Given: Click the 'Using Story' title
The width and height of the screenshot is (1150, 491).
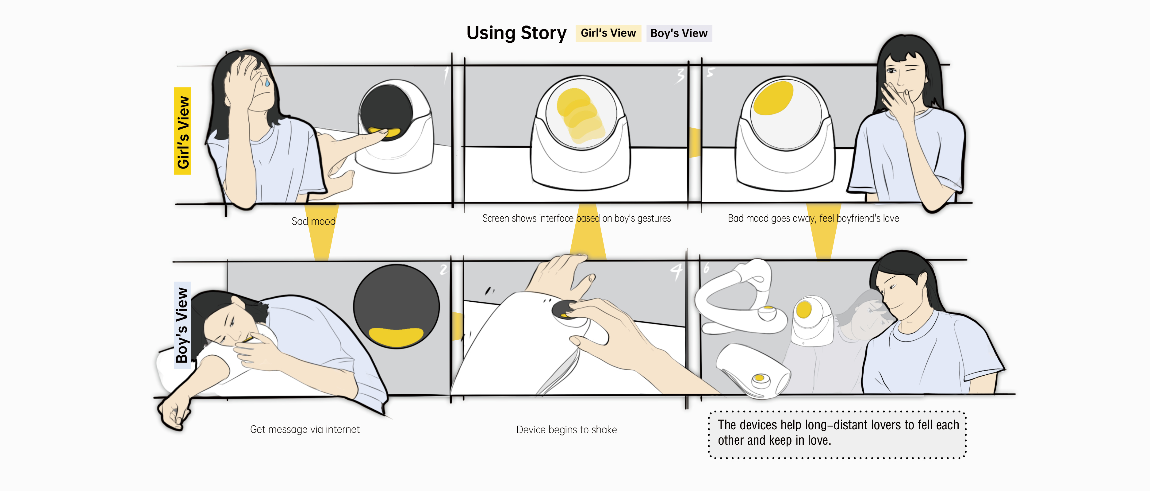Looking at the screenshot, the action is pyautogui.click(x=516, y=33).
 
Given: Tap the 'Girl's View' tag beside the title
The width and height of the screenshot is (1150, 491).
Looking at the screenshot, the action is pyautogui.click(x=608, y=33).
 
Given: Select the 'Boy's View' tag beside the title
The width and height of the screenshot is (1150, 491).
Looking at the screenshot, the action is pyautogui.click(x=679, y=33).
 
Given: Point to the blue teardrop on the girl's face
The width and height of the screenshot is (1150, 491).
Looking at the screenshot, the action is pyautogui.click(x=267, y=83).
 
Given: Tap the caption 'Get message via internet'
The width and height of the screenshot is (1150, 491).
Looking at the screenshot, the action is pyautogui.click(x=305, y=429).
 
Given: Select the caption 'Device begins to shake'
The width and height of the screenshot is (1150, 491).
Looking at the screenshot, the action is pyautogui.click(x=566, y=430).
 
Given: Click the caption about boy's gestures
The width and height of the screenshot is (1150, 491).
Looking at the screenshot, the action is pyautogui.click(x=576, y=218).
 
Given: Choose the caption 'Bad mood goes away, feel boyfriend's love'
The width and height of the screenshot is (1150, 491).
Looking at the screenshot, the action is pyautogui.click(x=813, y=218).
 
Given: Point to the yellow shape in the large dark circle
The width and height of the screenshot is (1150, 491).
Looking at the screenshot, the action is pyautogui.click(x=396, y=336).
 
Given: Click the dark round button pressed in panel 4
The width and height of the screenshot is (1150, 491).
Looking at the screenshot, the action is pyautogui.click(x=564, y=310).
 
